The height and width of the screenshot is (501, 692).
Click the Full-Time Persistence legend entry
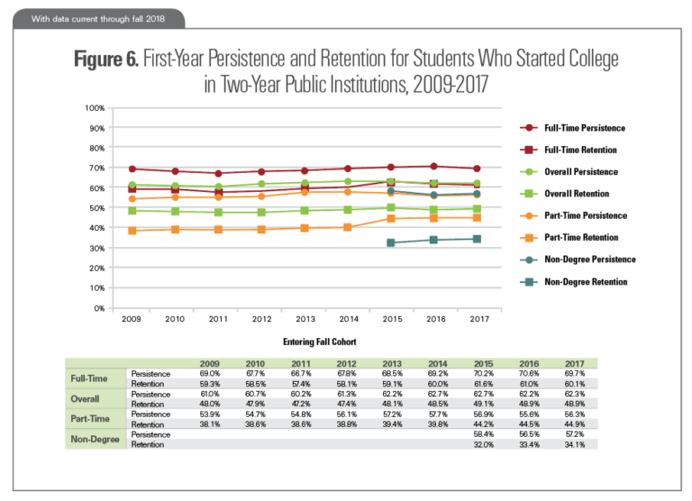[x=585, y=128]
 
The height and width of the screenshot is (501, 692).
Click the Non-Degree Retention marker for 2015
[x=390, y=243]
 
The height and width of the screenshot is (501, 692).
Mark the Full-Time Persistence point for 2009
[x=132, y=169]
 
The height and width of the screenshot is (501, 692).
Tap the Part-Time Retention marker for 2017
[x=477, y=217]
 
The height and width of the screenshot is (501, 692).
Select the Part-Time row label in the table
[x=90, y=419]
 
